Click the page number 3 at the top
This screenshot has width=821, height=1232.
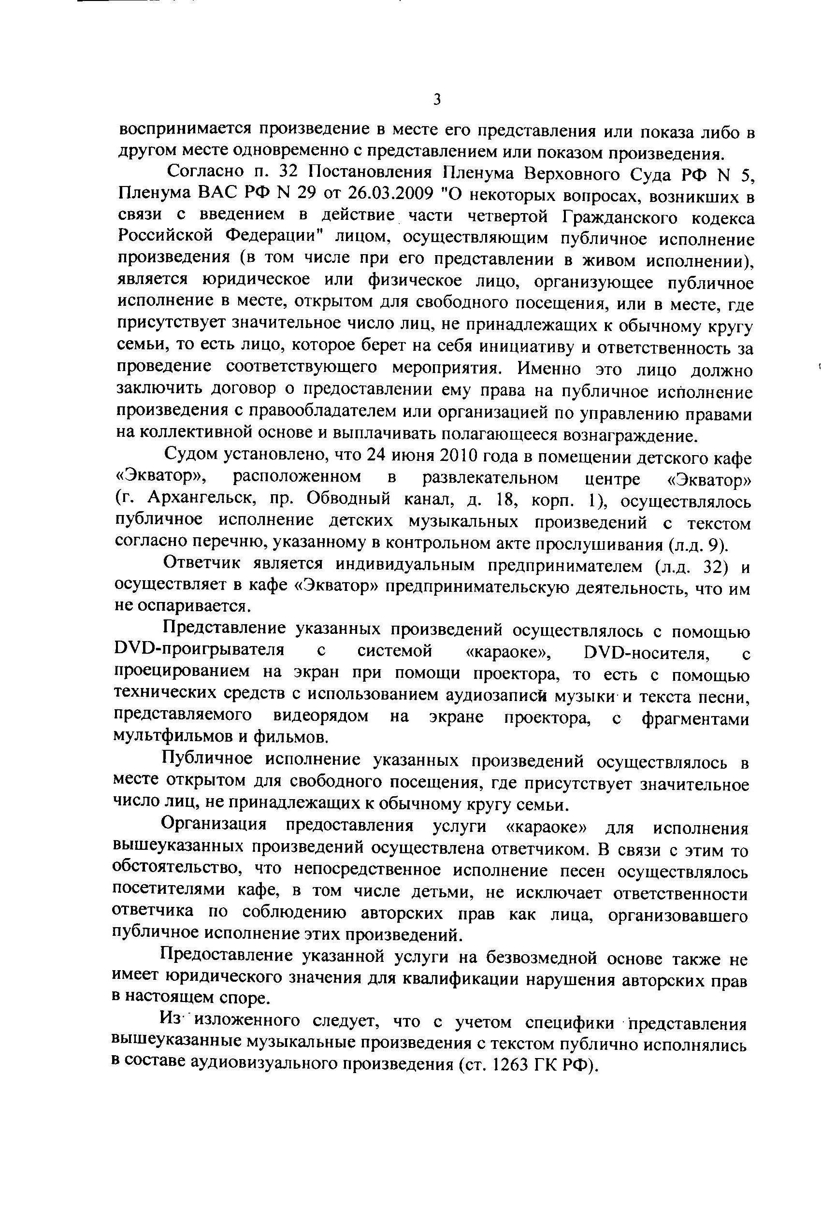(x=437, y=100)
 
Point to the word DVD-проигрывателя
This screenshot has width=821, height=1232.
(x=200, y=652)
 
